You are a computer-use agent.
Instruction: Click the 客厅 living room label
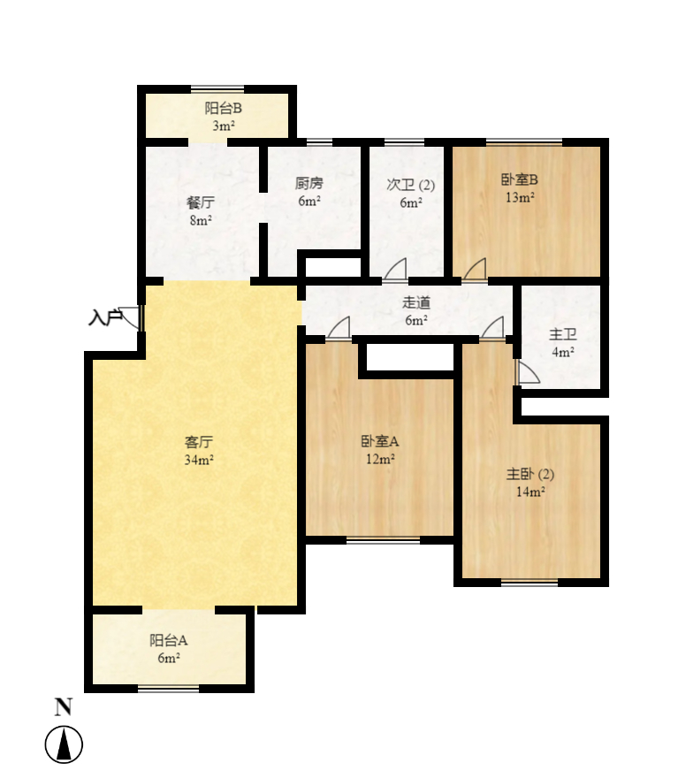pyautogui.click(x=199, y=442)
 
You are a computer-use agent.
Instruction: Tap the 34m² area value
pyautogui.click(x=199, y=460)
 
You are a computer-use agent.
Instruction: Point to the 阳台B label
pyautogui.click(x=224, y=110)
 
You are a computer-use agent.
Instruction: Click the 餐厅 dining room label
pyautogui.click(x=201, y=202)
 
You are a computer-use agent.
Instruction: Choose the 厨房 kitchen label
pyautogui.click(x=308, y=184)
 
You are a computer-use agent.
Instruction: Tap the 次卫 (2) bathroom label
pyautogui.click(x=411, y=185)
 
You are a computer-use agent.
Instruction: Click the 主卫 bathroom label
pyautogui.click(x=562, y=335)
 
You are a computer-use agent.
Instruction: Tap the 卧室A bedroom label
pyautogui.click(x=380, y=441)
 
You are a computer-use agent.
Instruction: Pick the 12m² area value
pyautogui.click(x=380, y=459)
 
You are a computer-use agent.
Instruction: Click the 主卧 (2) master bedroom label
pyautogui.click(x=530, y=475)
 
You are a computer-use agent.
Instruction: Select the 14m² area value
pyautogui.click(x=530, y=492)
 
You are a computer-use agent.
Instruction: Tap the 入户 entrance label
pyautogui.click(x=104, y=317)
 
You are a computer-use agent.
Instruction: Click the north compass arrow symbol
pyautogui.click(x=64, y=744)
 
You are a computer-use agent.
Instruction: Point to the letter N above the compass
pyautogui.click(x=63, y=706)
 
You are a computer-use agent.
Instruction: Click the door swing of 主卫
pyautogui.click(x=527, y=374)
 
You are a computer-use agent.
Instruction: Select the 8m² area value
pyautogui.click(x=201, y=219)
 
